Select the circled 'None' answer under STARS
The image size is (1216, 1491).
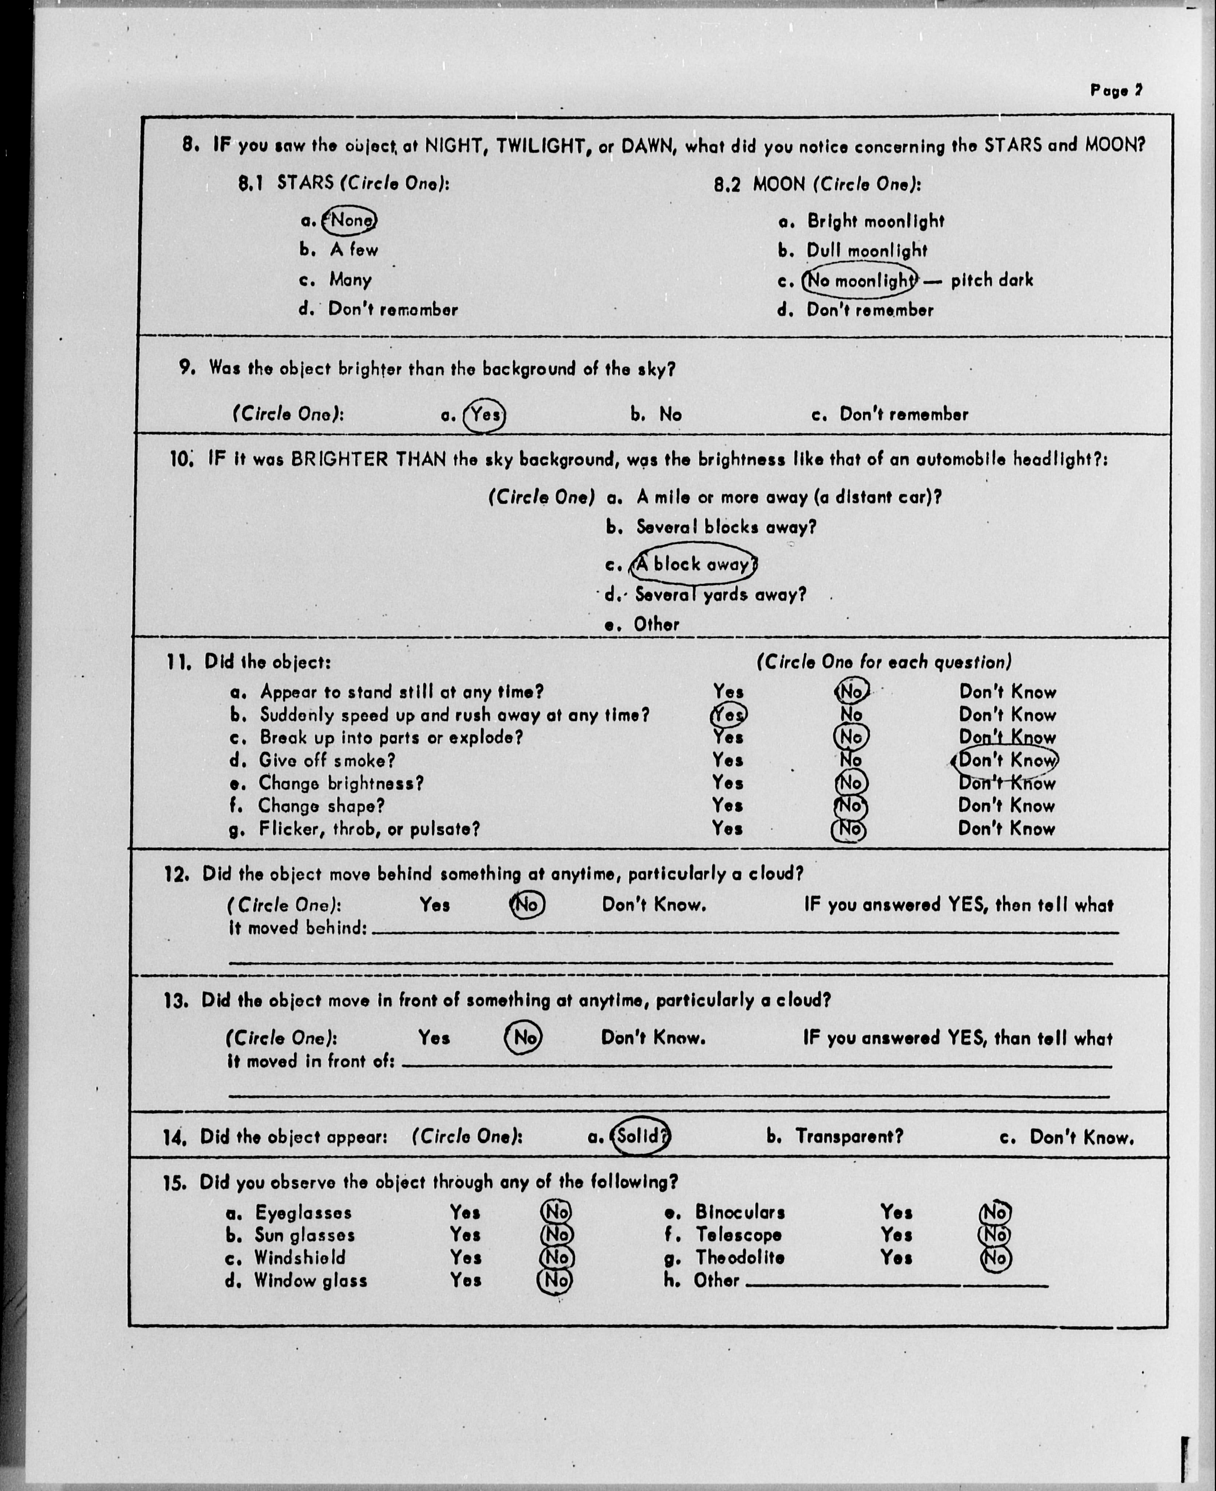click(x=350, y=221)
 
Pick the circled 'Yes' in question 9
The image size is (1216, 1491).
click(x=485, y=415)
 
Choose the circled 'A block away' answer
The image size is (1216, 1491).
click(x=693, y=564)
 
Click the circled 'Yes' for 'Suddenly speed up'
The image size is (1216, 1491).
click(x=728, y=715)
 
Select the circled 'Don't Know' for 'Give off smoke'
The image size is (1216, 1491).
click(x=1007, y=760)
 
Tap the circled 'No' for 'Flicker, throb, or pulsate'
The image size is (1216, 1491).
click(x=849, y=830)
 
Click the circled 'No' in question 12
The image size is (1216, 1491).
click(x=527, y=905)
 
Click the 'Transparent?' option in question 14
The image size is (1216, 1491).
click(x=849, y=1136)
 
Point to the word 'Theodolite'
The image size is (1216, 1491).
click(x=740, y=1258)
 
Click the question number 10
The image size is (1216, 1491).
click(x=180, y=460)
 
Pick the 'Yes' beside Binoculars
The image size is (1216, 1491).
click(x=896, y=1212)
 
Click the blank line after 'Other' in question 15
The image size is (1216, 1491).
click(x=896, y=1284)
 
